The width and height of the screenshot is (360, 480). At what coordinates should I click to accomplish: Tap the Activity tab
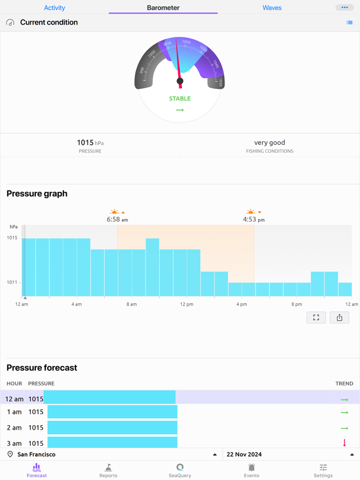click(x=54, y=8)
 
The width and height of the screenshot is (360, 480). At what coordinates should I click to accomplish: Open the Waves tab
click(x=272, y=8)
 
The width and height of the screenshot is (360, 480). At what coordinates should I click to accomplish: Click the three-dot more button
click(x=344, y=7)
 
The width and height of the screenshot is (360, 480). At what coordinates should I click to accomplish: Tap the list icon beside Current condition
click(x=349, y=23)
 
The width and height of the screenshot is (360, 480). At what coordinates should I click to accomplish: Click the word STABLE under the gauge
click(x=180, y=98)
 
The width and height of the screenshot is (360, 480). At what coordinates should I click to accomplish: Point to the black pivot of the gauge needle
click(x=180, y=81)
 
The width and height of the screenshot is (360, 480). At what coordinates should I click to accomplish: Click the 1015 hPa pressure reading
click(x=90, y=143)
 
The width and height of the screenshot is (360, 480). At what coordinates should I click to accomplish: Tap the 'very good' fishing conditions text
click(x=269, y=143)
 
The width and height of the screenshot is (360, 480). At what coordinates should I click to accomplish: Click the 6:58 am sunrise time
click(x=117, y=220)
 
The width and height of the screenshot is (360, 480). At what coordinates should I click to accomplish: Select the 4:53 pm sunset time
click(x=254, y=220)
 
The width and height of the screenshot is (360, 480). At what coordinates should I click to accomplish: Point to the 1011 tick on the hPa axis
click(x=12, y=283)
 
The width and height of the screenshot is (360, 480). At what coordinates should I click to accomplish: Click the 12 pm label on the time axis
click(x=186, y=304)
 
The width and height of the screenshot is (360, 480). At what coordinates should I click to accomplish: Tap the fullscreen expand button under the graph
click(x=316, y=318)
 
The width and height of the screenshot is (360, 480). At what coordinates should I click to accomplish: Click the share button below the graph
click(x=339, y=318)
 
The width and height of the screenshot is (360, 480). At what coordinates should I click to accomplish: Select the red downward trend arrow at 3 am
click(x=344, y=443)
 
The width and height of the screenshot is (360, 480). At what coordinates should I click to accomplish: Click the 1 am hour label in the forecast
click(x=14, y=412)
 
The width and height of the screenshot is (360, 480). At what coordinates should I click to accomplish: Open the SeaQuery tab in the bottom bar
click(x=180, y=470)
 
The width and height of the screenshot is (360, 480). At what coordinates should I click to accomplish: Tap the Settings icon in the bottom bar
click(x=323, y=470)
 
